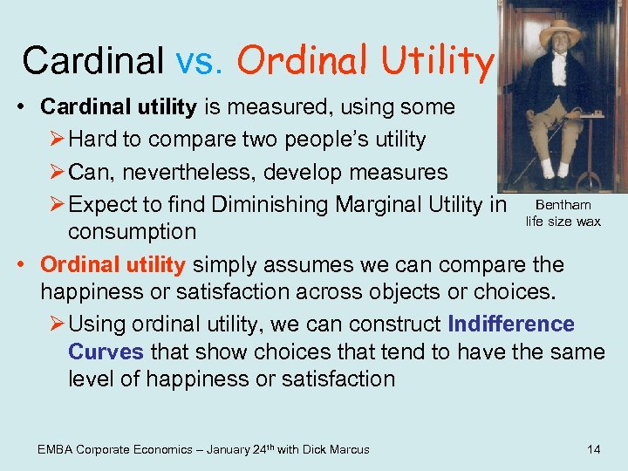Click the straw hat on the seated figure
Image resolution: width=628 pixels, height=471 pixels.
560,32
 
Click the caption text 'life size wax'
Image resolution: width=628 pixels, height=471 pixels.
563,222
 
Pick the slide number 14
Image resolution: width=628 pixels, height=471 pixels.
593,449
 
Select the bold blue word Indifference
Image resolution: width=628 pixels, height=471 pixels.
511,324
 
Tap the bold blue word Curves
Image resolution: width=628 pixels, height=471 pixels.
106,352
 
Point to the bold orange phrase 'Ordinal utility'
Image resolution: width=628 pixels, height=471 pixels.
113,264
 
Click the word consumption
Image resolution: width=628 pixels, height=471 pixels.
132,232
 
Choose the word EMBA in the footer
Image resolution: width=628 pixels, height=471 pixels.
56,449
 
